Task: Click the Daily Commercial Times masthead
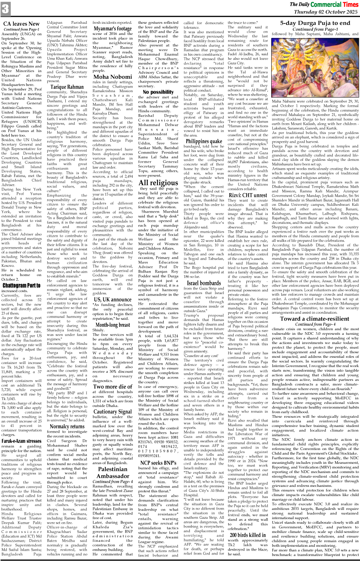[324, 5]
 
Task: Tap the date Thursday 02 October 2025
[325, 12]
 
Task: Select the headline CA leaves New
[21, 24]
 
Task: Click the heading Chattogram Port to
[21, 285]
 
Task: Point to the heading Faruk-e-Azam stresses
[22, 441]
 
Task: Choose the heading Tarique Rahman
[67, 87]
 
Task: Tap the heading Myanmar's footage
[113, 29]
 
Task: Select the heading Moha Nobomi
[113, 77]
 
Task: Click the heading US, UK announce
[113, 300]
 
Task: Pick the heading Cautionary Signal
[113, 412]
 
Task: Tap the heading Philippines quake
[204, 141]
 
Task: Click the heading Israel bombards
[204, 283]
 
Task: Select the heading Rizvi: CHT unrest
[248, 195]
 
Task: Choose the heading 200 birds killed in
[248, 535]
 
